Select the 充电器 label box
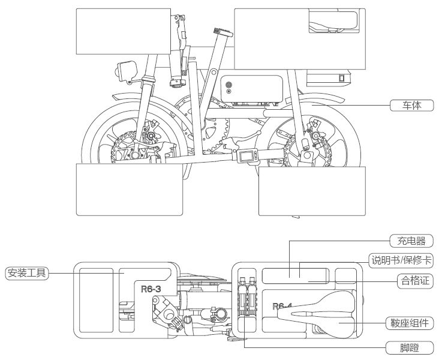(411, 241)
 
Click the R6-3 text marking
(150, 289)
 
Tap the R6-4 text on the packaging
(281, 307)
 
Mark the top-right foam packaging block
(270, 38)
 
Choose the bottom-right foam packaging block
(312, 191)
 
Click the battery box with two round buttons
(252, 89)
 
